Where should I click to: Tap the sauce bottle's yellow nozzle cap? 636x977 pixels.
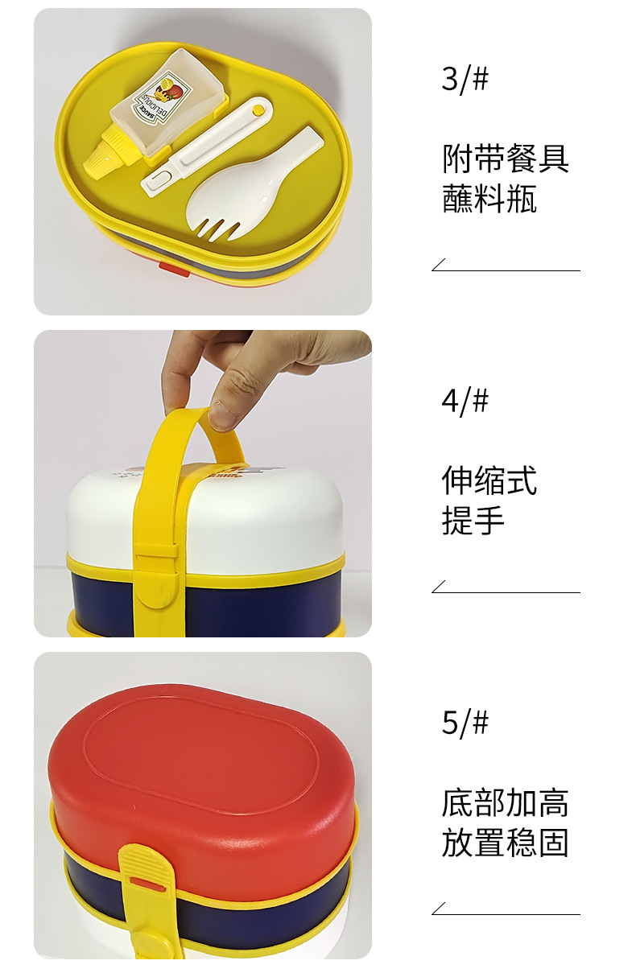pos(101,157)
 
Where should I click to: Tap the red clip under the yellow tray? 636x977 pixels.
pos(174,268)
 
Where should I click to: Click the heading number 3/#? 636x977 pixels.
pos(465,80)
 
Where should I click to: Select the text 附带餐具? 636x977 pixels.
pos(506,159)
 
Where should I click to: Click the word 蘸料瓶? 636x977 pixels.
pos(489,199)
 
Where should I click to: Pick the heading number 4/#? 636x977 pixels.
pos(465,401)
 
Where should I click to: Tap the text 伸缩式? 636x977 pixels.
pos(489,480)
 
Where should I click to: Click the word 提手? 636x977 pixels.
pos(473,521)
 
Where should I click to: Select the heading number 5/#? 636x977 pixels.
pos(465,723)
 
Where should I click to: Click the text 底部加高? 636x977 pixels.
pos(506,802)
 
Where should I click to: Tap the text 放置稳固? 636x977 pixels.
pos(506,843)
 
